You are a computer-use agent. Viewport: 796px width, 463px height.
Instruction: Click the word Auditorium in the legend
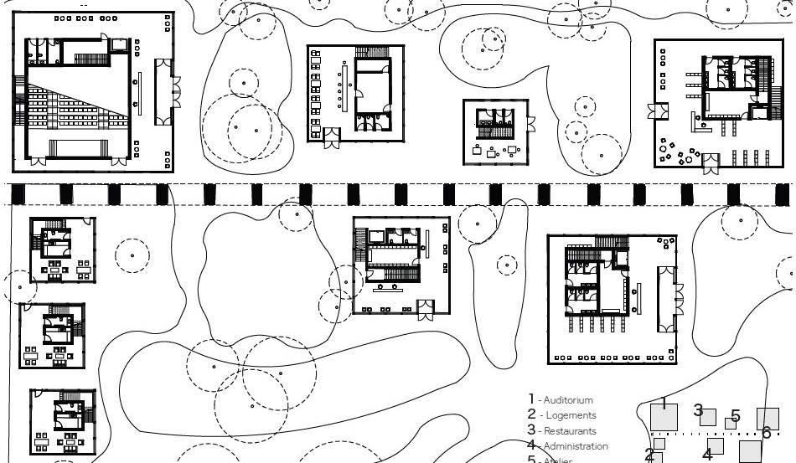tap(568, 400)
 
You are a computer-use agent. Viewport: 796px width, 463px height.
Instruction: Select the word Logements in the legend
tap(570, 415)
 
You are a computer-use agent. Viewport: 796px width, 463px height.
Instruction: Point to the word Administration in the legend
tap(576, 446)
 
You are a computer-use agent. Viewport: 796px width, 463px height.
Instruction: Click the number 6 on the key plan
tap(766, 433)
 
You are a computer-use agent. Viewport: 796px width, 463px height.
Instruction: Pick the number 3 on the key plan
tap(698, 410)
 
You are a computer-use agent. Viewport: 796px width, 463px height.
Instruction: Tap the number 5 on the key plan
tap(735, 416)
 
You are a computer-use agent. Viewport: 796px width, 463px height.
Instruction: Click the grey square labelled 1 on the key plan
tap(664, 418)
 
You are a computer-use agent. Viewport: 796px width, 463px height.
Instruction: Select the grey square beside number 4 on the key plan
tap(715, 445)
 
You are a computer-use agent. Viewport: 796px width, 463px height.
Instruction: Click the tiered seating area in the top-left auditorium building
tap(75, 109)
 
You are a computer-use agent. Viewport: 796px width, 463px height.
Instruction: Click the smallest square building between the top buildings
tap(496, 131)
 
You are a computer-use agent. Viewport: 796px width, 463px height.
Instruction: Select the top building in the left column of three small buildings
tap(63, 250)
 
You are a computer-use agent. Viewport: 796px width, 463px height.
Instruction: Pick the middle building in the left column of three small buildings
tap(52, 335)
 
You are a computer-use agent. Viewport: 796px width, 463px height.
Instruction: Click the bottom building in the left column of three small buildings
tap(63, 421)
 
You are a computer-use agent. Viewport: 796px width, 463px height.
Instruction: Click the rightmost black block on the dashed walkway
tap(781, 194)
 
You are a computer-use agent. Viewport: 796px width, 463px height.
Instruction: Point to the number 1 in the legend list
tap(531, 399)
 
